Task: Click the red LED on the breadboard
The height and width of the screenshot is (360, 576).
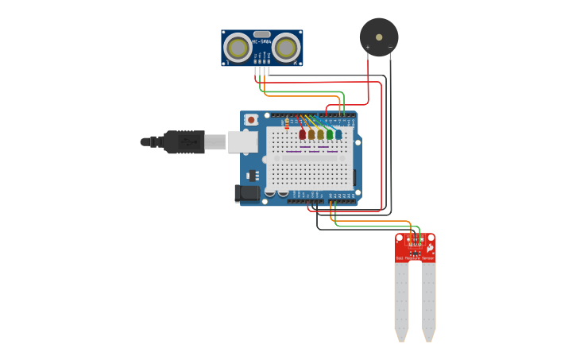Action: click(303, 135)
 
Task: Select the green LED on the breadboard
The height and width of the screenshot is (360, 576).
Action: click(330, 135)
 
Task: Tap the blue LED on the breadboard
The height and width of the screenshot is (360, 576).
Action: click(338, 135)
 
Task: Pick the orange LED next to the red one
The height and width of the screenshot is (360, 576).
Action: click(311, 135)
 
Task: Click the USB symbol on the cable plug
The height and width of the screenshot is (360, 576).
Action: click(187, 142)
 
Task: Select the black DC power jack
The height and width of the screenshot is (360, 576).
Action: click(247, 192)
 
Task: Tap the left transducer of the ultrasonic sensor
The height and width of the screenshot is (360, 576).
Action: click(238, 48)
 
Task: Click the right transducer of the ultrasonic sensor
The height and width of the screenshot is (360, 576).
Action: click(285, 48)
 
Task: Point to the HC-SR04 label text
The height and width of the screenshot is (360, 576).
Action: click(261, 41)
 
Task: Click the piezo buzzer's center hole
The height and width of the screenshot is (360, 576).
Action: click(379, 36)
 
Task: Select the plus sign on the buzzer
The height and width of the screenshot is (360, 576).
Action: click(368, 48)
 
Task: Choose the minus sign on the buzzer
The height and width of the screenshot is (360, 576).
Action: click(390, 48)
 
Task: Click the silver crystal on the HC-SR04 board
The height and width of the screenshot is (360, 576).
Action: click(261, 34)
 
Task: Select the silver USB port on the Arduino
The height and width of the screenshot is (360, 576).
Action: click(242, 142)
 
